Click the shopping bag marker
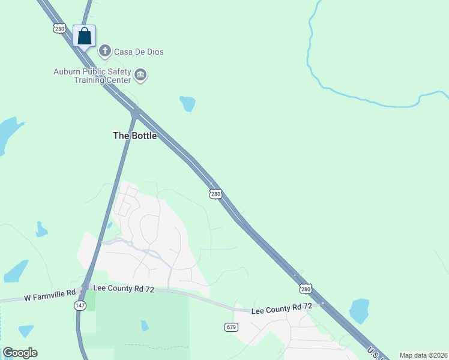point(85,36)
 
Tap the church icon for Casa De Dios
point(105,50)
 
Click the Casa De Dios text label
point(139,52)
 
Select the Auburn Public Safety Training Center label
point(92,76)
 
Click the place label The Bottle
point(135,136)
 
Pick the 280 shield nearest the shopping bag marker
point(59,28)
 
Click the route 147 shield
point(80,305)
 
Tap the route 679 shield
point(232,327)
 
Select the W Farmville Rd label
point(50,296)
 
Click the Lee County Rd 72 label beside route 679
point(282,309)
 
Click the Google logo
point(20,353)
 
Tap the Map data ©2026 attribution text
point(424,355)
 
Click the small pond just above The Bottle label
point(188,104)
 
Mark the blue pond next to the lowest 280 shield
point(359,311)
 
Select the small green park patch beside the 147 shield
point(91,299)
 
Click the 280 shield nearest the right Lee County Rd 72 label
point(306,289)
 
